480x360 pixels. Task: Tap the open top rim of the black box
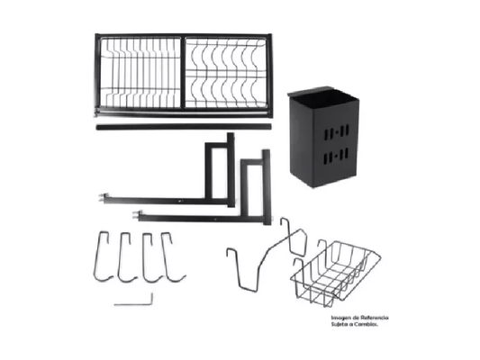(x=322, y=94)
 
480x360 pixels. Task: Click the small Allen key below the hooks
(x=134, y=303)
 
